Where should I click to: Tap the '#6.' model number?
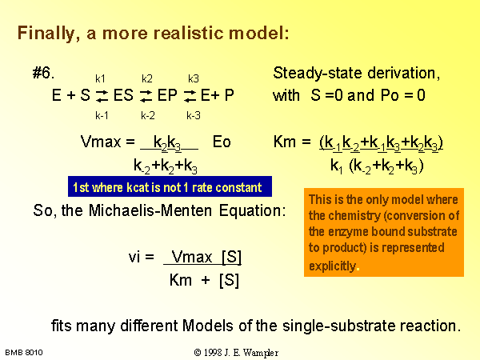point(43,73)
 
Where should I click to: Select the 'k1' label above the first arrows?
point(100,78)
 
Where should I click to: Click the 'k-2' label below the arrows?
point(148,115)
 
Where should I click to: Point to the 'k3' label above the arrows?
point(194,78)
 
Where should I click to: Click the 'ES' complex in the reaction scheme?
point(123,95)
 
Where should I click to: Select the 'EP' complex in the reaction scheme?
point(167,95)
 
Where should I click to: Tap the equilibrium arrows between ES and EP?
point(146,96)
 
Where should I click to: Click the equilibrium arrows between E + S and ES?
point(102,96)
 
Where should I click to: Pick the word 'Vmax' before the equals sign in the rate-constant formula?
point(101,142)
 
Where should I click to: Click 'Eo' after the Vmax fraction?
point(222,142)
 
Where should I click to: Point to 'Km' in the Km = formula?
point(285,142)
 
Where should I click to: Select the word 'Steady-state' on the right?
point(318,73)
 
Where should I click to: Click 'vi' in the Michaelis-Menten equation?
point(134,257)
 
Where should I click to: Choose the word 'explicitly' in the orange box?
point(333,266)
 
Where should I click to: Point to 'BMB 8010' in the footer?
point(24,352)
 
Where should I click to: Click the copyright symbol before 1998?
point(198,352)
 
